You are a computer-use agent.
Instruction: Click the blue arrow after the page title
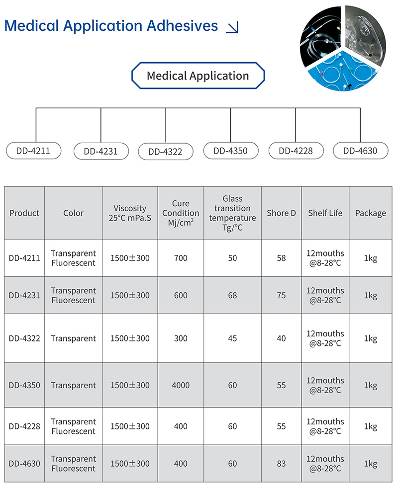[232, 27]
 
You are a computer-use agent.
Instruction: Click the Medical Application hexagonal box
[198, 76]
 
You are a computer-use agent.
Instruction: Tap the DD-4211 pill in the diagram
[33, 151]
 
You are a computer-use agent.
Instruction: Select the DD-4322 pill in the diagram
[166, 152]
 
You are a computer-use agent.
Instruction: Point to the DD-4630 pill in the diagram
[361, 151]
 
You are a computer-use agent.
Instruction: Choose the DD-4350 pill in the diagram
[231, 151]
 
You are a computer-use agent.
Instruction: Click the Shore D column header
[281, 213]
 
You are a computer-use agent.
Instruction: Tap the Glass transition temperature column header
[232, 213]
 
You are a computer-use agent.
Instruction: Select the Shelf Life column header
[325, 213]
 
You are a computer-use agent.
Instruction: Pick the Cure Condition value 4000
[181, 385]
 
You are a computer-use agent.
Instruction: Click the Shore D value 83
[281, 464]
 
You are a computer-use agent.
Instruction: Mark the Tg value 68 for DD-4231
[232, 295]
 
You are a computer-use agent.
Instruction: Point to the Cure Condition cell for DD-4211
[181, 258]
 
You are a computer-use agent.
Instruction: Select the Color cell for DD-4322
[73, 338]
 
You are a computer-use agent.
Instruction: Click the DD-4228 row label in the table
[24, 426]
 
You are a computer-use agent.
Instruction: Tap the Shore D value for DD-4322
[281, 338]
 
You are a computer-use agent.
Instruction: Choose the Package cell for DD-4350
[371, 385]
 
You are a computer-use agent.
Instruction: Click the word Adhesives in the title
[182, 26]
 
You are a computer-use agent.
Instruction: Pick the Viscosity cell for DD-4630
[130, 464]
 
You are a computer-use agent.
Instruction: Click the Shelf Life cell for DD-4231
[325, 295]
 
